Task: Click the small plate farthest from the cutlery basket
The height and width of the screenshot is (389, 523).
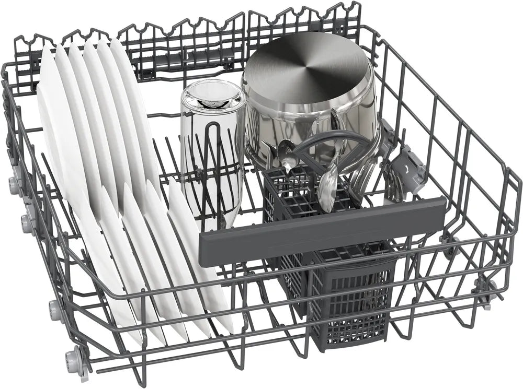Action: pos(105,261)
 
